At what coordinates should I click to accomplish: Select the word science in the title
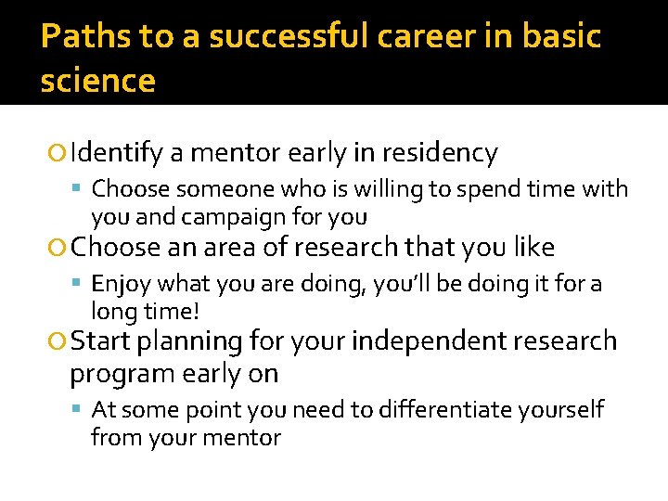point(97,82)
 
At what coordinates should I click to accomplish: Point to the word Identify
point(117,152)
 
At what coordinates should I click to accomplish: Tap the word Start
point(100,340)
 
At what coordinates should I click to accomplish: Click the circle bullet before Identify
point(59,153)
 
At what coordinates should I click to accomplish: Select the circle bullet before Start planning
point(59,341)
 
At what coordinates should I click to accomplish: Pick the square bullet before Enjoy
point(81,284)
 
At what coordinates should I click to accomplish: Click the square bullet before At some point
point(81,410)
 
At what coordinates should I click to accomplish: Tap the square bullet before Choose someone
point(81,190)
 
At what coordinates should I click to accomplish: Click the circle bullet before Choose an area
point(59,248)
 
